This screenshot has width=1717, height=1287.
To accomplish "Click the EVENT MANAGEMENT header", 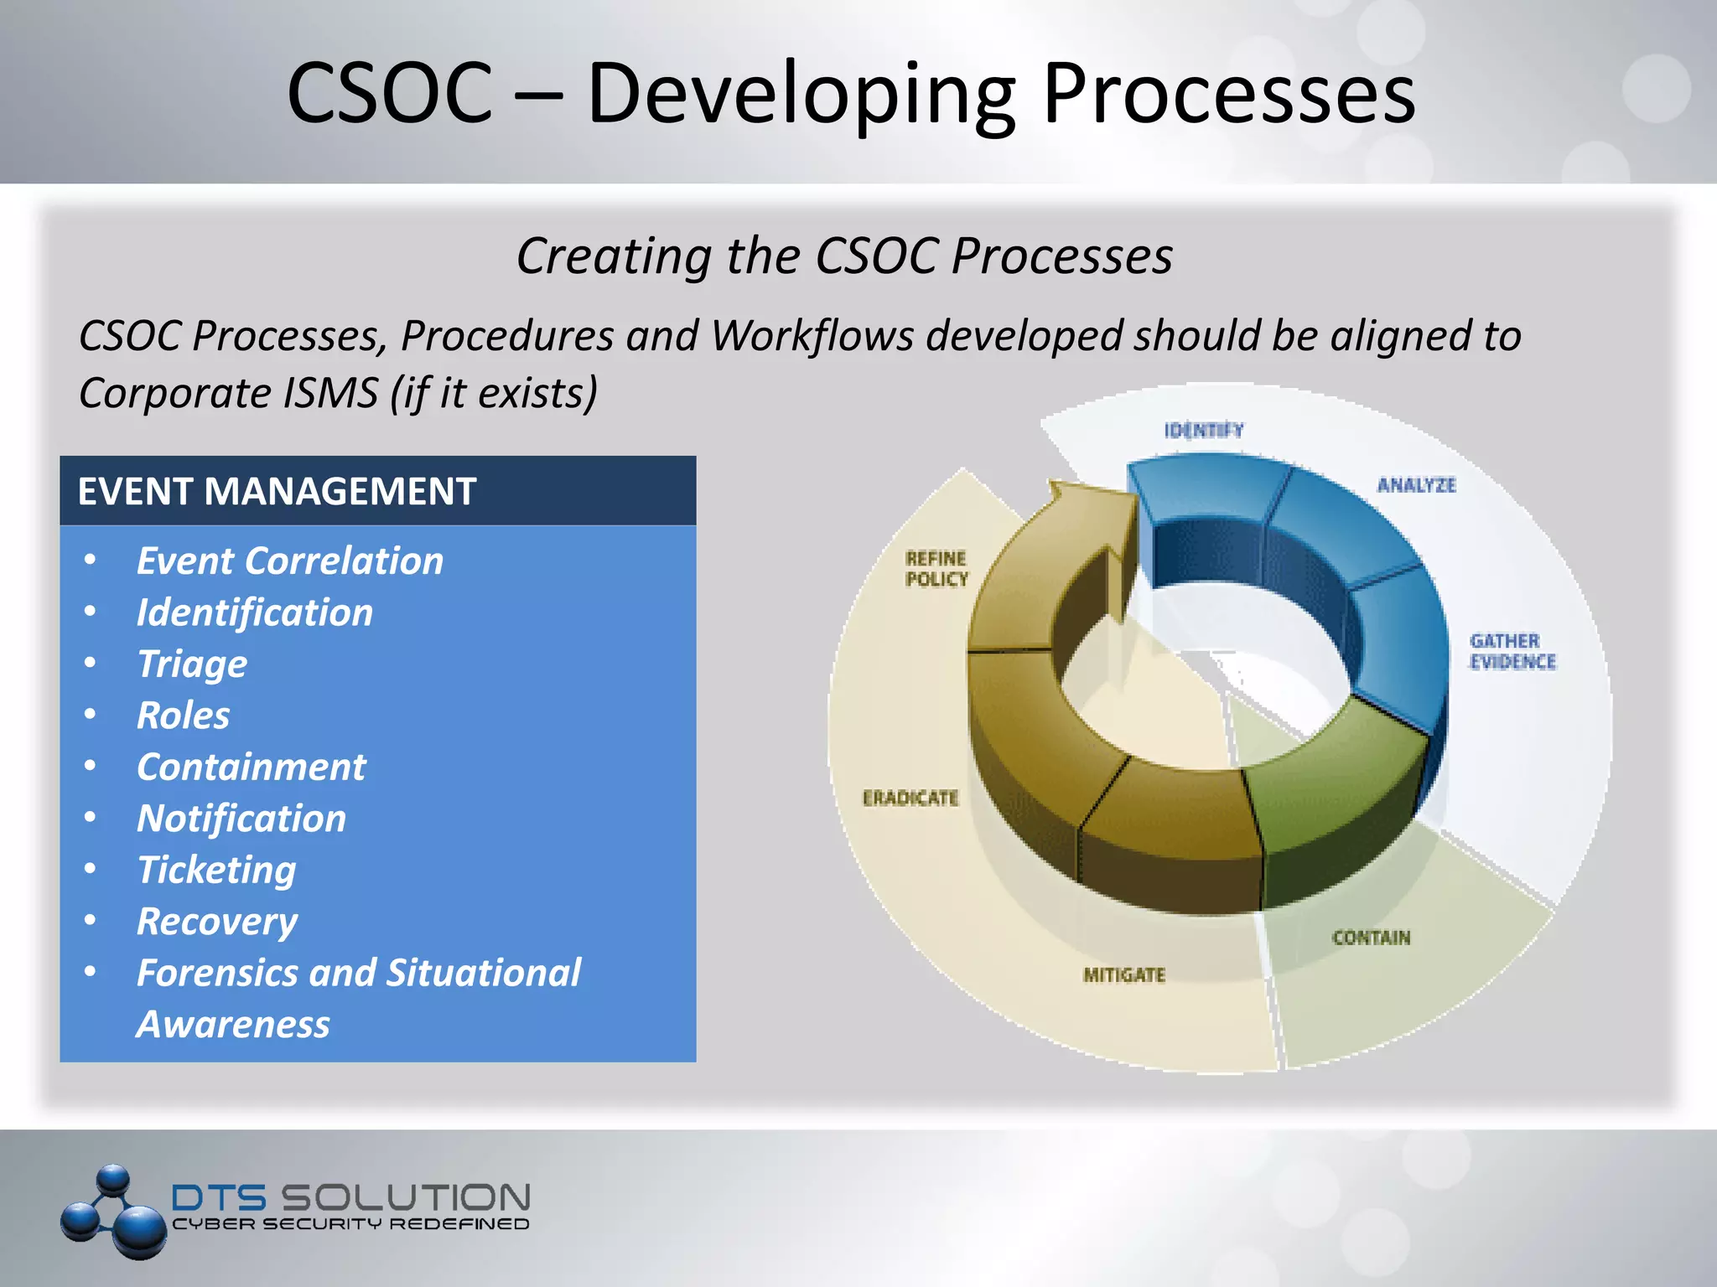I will [x=277, y=491].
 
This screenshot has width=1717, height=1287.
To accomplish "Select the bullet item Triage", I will [x=192, y=664].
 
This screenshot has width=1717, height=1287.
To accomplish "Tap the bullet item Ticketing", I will [x=216, y=871].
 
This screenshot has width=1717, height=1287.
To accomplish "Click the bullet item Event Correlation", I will [x=289, y=561].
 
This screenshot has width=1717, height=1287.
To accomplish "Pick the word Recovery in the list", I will [x=216, y=922].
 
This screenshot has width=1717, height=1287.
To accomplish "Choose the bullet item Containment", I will [x=251, y=768].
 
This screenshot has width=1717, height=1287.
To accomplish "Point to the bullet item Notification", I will [x=241, y=819].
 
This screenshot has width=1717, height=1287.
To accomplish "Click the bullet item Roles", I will [x=183, y=716].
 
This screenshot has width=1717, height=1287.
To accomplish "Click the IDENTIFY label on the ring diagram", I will [x=1203, y=431].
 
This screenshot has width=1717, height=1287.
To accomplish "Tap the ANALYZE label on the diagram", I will [x=1416, y=485].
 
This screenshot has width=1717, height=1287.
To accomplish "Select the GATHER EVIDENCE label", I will [x=1512, y=652].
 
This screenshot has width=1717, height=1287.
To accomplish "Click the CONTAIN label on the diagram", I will [x=1371, y=938].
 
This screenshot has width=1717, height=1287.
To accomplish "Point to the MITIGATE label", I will [x=1123, y=975].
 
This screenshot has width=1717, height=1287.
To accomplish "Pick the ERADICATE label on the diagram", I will [x=910, y=799].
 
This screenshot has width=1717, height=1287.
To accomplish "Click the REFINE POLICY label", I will [x=936, y=569].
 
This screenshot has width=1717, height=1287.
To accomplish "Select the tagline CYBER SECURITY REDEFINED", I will [x=350, y=1224].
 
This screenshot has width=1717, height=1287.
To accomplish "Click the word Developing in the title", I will [x=801, y=94].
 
